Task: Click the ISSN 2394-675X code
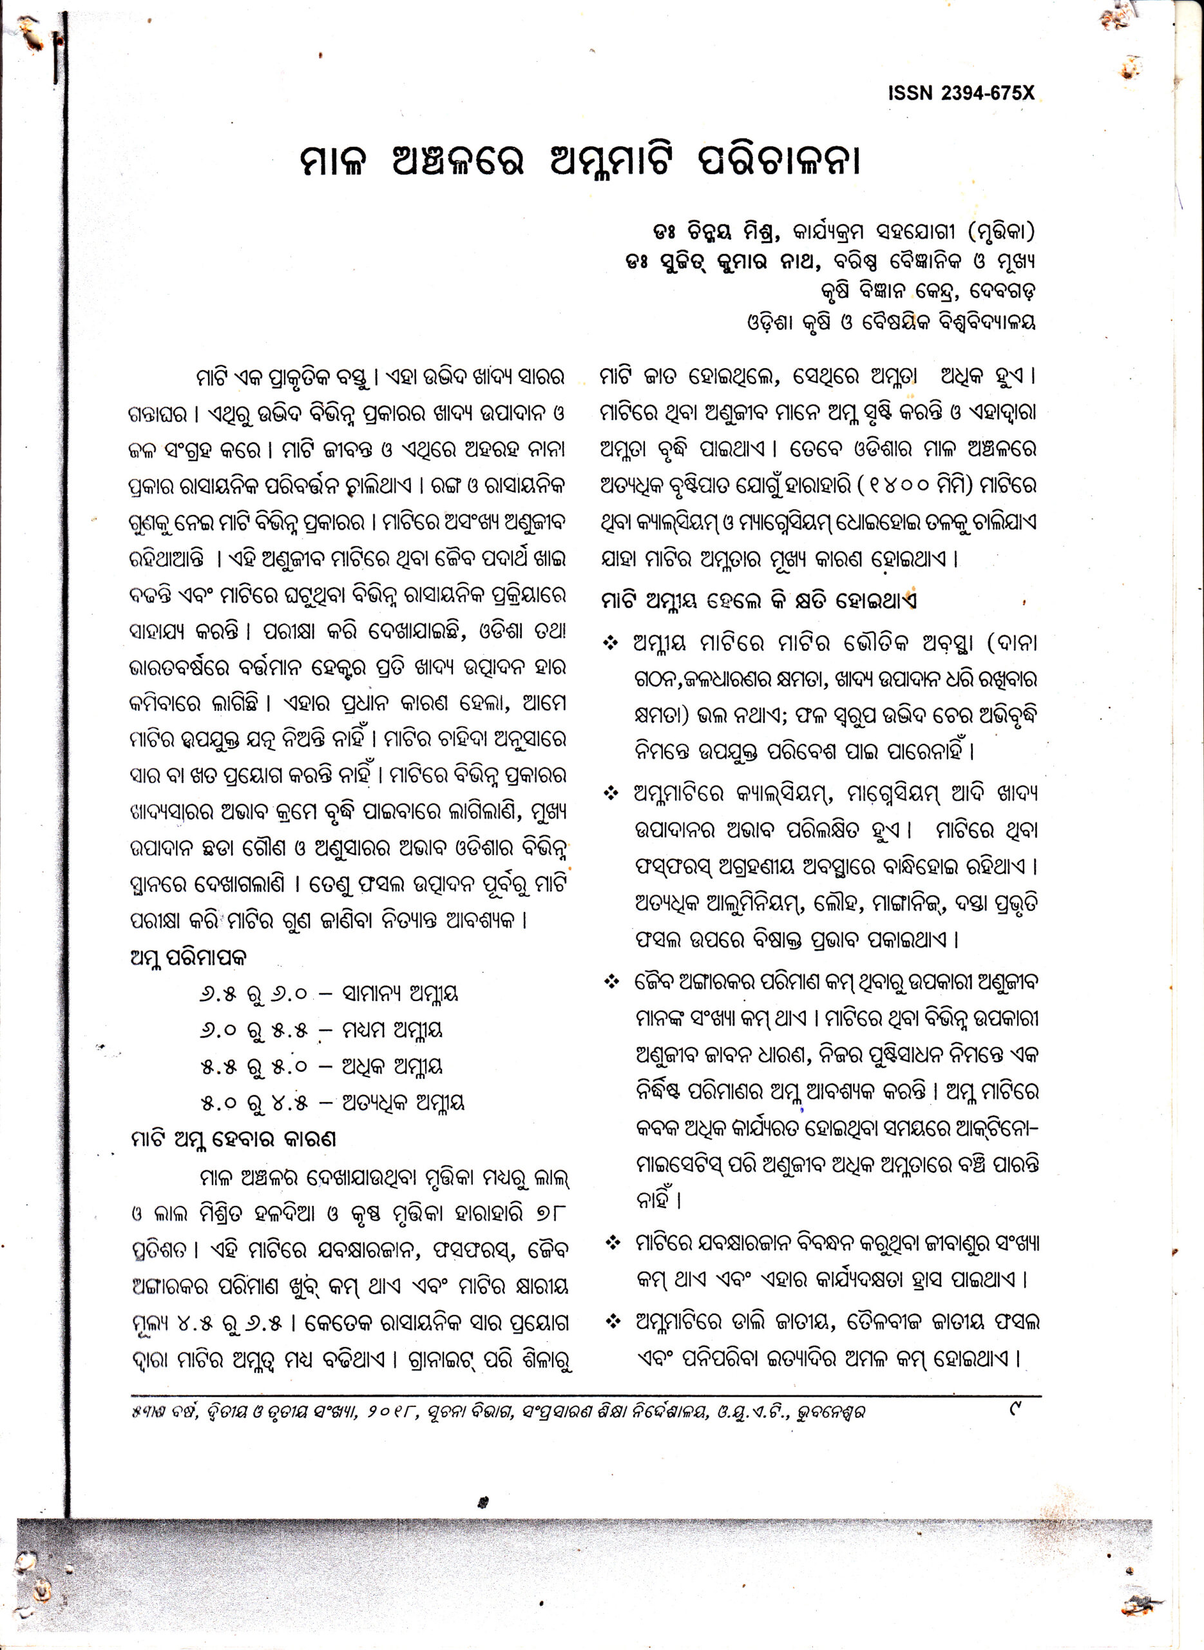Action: coord(960,93)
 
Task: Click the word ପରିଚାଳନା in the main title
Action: coord(779,161)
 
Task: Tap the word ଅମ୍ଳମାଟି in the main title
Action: coord(613,161)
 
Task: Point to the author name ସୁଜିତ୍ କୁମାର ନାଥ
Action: coord(737,261)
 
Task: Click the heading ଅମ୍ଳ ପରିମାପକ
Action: coord(189,957)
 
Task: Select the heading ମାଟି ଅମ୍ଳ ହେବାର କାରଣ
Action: coord(233,1138)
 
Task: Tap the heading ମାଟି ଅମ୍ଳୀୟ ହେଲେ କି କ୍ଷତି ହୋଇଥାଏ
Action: coord(759,600)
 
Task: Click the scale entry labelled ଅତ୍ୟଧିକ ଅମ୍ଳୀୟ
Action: coord(403,1102)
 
